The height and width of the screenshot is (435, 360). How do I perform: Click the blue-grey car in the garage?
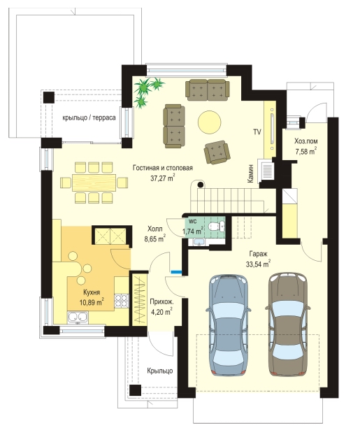click(x=229, y=325)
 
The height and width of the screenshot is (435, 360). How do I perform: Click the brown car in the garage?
click(x=287, y=325)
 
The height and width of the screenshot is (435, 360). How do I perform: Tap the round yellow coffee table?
click(x=210, y=122)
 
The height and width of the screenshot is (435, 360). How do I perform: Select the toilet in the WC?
click(x=217, y=226)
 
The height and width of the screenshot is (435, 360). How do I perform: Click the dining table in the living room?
click(x=94, y=183)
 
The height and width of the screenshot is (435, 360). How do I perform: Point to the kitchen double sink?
click(x=78, y=318)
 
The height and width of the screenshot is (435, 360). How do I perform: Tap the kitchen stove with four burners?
click(x=122, y=301)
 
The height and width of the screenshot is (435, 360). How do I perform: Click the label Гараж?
click(x=258, y=254)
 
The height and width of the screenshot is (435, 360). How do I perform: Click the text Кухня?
click(x=92, y=292)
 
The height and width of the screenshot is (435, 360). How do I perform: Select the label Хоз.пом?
click(x=306, y=141)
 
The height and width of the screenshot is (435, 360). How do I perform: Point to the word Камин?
click(x=250, y=173)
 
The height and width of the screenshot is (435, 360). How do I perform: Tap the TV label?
click(x=257, y=131)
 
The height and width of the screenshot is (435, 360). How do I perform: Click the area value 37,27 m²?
click(x=163, y=178)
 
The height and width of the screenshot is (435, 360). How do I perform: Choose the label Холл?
click(x=154, y=229)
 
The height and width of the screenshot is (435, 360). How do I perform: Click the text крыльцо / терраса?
click(x=89, y=117)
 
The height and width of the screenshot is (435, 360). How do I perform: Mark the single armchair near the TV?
click(x=217, y=152)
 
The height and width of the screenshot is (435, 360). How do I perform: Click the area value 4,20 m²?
click(x=161, y=312)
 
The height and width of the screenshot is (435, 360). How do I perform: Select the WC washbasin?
click(x=199, y=243)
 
